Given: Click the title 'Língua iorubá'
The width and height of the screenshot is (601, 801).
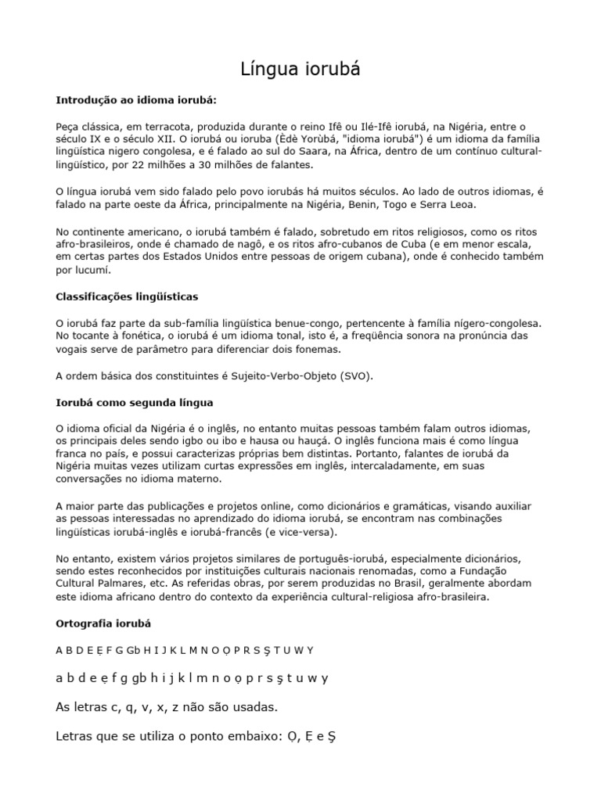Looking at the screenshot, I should point(300,70).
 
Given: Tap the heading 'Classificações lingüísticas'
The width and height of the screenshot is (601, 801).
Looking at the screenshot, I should point(128,296).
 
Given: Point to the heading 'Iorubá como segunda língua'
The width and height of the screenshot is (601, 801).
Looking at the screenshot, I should point(135,402).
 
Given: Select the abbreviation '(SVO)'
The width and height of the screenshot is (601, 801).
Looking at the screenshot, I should point(357,375).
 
